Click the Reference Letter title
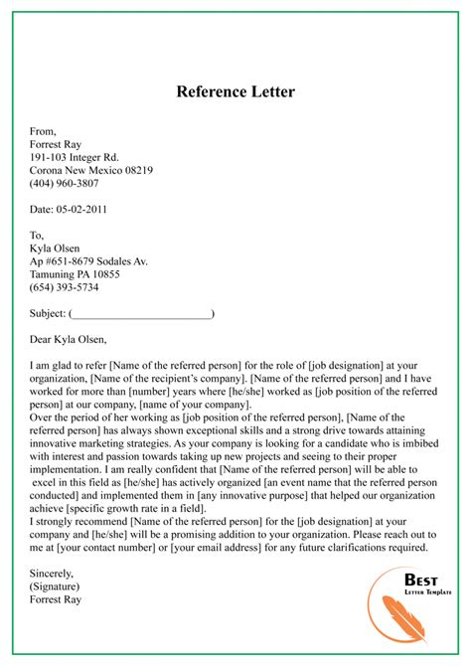click(x=235, y=91)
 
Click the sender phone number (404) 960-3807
click(x=64, y=184)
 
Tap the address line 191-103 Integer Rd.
click(x=75, y=156)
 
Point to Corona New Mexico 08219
click(x=91, y=170)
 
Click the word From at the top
click(x=43, y=128)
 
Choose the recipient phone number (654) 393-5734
click(x=64, y=288)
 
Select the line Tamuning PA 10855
click(x=75, y=274)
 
